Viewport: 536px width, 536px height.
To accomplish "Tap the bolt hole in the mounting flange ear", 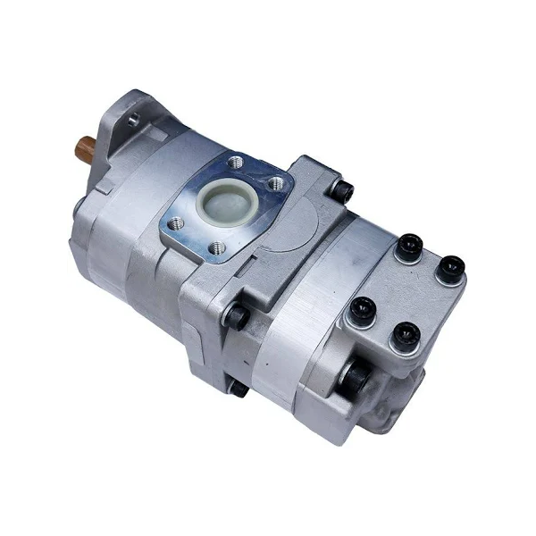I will tap(131, 116).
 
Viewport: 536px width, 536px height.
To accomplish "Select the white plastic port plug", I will tap(224, 201).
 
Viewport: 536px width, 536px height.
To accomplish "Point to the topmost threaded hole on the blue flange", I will tap(235, 163).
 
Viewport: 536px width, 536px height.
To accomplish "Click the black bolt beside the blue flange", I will tap(343, 190).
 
